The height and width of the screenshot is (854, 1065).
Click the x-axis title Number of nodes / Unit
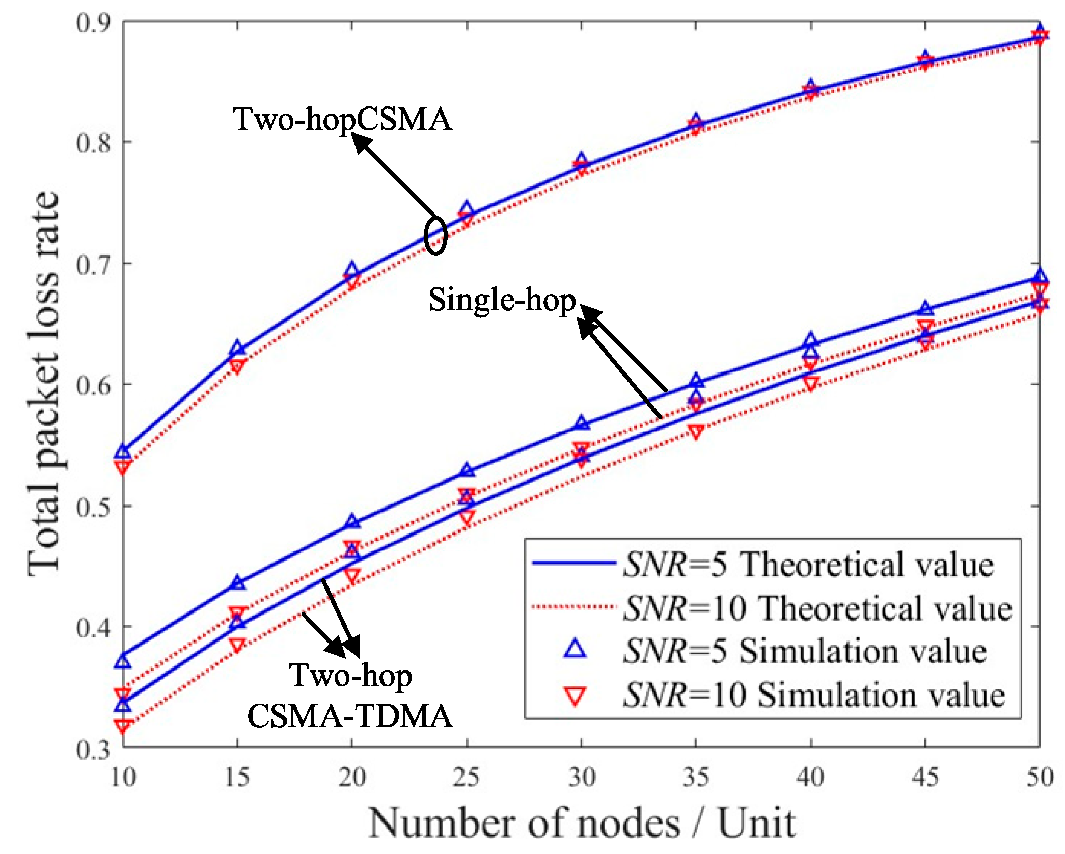click(x=582, y=823)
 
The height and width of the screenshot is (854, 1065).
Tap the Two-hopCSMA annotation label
click(x=342, y=120)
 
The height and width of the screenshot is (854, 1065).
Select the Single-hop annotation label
click(x=502, y=300)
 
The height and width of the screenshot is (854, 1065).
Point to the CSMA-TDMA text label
click(x=350, y=716)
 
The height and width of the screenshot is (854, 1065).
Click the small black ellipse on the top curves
click(x=435, y=235)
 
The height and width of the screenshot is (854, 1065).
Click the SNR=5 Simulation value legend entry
click(x=805, y=652)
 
